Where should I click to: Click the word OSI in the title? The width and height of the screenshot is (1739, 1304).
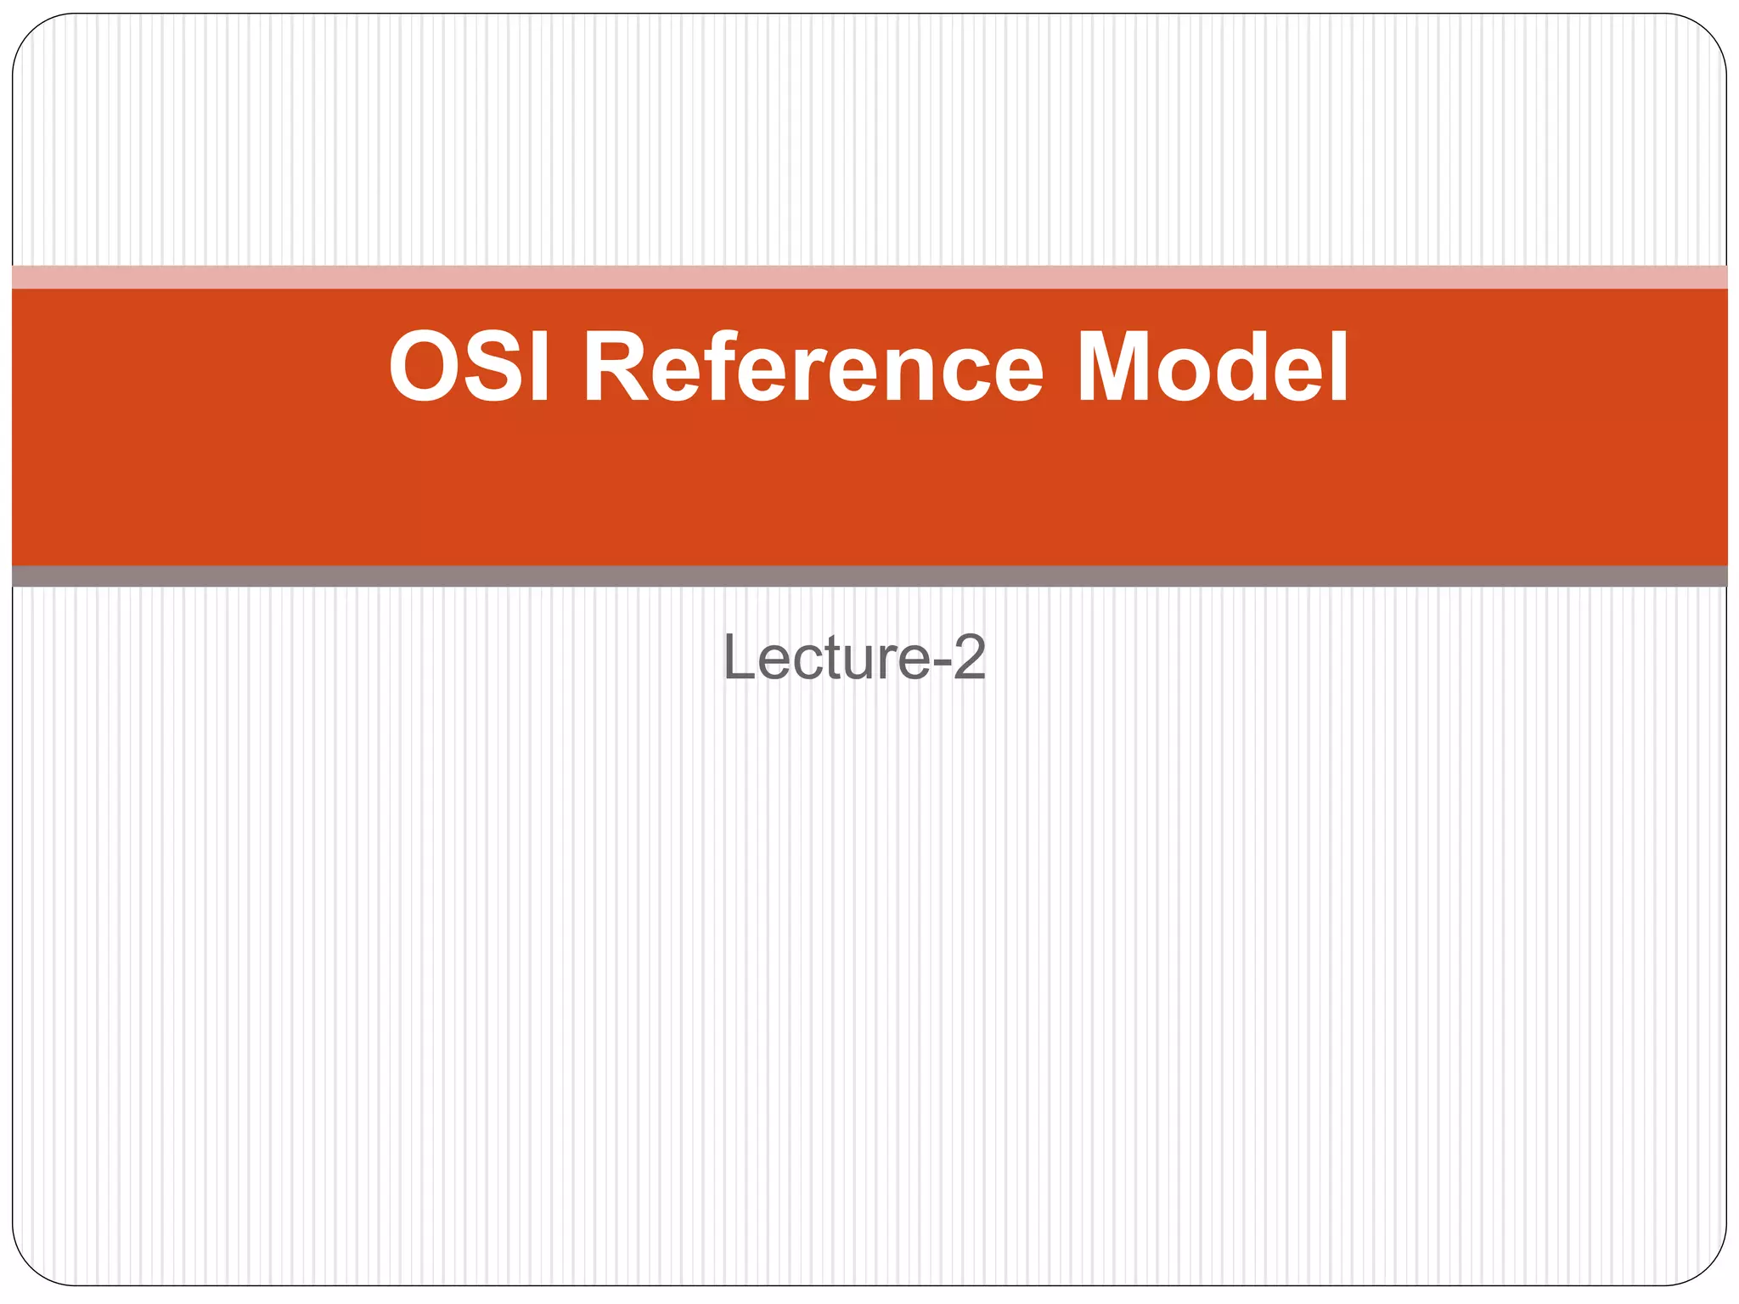point(470,367)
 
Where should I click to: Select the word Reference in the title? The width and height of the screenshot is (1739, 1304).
point(813,367)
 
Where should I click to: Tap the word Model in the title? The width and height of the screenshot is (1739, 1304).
point(1212,367)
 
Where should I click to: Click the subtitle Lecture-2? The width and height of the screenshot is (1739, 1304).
point(854,657)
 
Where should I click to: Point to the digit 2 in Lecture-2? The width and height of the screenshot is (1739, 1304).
point(969,657)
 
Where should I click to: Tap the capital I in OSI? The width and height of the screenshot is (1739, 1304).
point(539,367)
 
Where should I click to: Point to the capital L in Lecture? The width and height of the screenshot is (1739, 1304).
point(736,657)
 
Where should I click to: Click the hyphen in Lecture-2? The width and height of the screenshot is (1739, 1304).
point(941,661)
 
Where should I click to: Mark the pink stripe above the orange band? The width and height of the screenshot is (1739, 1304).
point(869,277)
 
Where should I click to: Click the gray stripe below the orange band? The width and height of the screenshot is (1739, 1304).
point(869,576)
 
